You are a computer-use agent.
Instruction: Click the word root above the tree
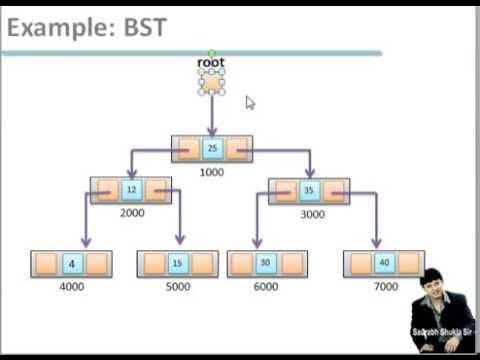(x=211, y=63)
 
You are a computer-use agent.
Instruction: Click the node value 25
(x=211, y=148)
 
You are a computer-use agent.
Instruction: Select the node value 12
(x=131, y=190)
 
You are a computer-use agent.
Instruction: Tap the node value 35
(x=309, y=190)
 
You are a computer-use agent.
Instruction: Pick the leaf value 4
(x=71, y=264)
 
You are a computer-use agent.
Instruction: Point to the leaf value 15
(x=177, y=264)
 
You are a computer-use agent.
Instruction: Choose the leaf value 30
(x=266, y=264)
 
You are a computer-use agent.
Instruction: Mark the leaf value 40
(x=384, y=264)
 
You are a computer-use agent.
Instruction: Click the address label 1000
(x=211, y=172)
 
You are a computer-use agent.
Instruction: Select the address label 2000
(x=132, y=213)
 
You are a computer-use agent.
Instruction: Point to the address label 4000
(x=72, y=287)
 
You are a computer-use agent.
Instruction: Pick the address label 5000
(x=177, y=287)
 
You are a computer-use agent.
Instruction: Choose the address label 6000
(x=266, y=287)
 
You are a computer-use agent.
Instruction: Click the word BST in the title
(x=139, y=28)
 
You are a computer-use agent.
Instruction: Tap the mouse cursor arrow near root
(x=250, y=102)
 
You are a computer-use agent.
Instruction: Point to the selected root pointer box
(x=211, y=82)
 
